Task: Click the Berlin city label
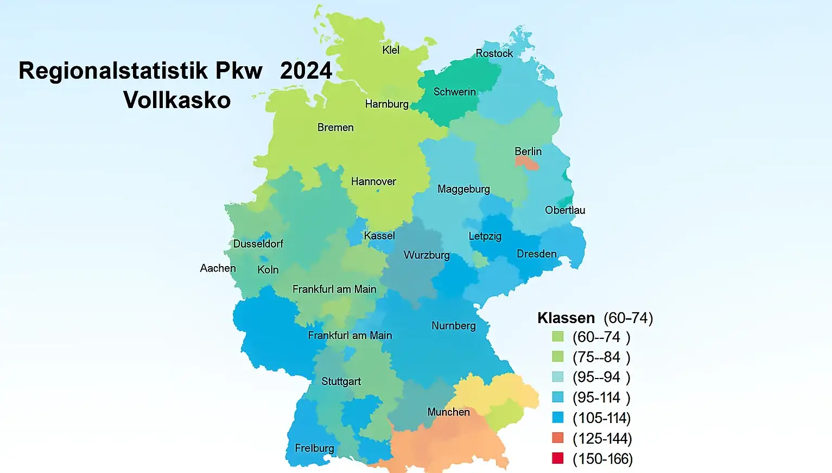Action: [528, 152]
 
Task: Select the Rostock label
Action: [494, 53]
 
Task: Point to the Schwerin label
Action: [454, 92]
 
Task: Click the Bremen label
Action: [335, 128]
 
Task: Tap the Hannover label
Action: [373, 181]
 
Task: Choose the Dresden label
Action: [536, 254]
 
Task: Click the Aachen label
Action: [218, 268]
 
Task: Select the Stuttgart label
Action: [341, 381]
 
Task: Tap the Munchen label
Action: [448, 412]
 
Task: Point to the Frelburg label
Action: [314, 448]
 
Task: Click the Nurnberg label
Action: [453, 326]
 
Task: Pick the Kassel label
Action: [379, 236]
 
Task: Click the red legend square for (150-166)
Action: [558, 458]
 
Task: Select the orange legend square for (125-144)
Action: [558, 438]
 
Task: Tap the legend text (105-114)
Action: [602, 418]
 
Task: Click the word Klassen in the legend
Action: [566, 318]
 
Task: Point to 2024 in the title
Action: [306, 71]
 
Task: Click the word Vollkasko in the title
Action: [177, 100]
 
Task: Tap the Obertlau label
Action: [564, 210]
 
